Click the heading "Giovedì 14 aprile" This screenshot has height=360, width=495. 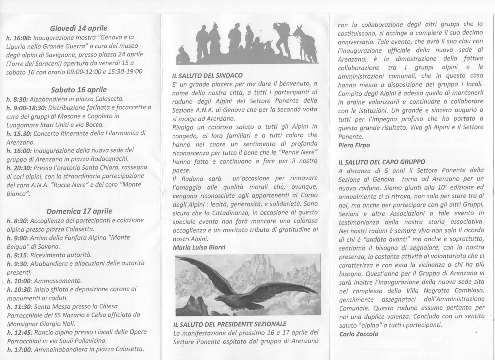pos(79,28)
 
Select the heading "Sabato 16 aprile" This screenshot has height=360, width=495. pos(79,90)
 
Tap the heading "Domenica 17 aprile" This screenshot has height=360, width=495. pos(79,211)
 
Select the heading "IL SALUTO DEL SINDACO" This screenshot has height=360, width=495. pos(207,76)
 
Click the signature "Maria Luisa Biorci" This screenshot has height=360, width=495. pos(199,247)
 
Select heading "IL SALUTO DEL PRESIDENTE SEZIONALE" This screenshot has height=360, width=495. pos(229,324)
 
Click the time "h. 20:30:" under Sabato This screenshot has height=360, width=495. pos(19,168)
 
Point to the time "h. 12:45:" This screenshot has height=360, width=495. pos(19,332)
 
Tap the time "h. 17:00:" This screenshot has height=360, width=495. pos(19,349)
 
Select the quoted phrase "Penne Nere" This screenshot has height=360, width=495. pos(298,152)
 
